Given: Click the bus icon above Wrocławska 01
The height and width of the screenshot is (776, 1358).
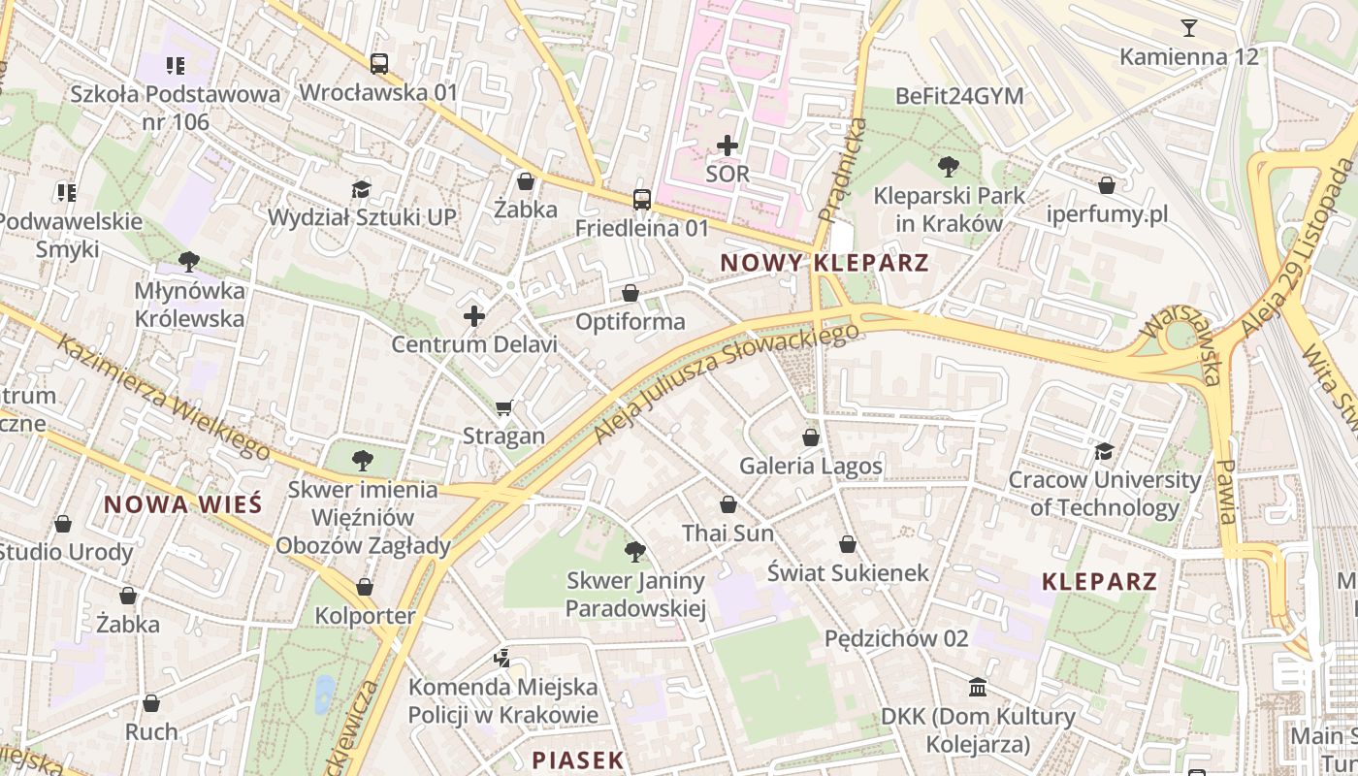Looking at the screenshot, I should click(378, 64).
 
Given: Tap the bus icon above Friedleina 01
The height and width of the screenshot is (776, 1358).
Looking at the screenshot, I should click(642, 200).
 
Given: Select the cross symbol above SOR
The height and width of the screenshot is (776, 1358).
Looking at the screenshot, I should click(727, 145).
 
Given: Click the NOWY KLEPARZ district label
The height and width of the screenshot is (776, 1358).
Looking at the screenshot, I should click(824, 262).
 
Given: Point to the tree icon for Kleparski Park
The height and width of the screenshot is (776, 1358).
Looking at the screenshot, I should click(949, 167).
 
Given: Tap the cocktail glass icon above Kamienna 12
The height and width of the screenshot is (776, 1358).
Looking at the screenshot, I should click(1189, 27).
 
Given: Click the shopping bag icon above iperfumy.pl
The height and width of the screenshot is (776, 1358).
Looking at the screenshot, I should click(1107, 185).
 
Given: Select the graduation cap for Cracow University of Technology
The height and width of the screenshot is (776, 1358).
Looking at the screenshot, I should click(1104, 451).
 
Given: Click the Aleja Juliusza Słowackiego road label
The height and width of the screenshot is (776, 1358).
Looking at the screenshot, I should click(727, 384).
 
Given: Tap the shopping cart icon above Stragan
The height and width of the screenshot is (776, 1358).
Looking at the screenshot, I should click(503, 408).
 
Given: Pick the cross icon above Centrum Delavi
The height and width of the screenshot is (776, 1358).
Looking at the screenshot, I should click(474, 315).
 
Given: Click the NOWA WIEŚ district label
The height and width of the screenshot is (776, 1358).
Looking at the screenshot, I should click(182, 504).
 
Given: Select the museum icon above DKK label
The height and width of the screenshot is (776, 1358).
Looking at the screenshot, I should click(978, 688).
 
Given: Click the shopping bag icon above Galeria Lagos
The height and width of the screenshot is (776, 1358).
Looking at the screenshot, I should click(811, 437).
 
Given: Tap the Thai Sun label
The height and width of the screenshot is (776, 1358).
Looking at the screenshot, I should click(727, 533).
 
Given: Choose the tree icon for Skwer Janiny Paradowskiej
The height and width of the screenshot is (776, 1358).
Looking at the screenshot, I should click(635, 552).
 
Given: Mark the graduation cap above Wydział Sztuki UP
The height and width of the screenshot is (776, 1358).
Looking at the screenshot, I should click(362, 189).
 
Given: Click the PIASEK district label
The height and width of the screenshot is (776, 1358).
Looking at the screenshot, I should click(577, 760).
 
